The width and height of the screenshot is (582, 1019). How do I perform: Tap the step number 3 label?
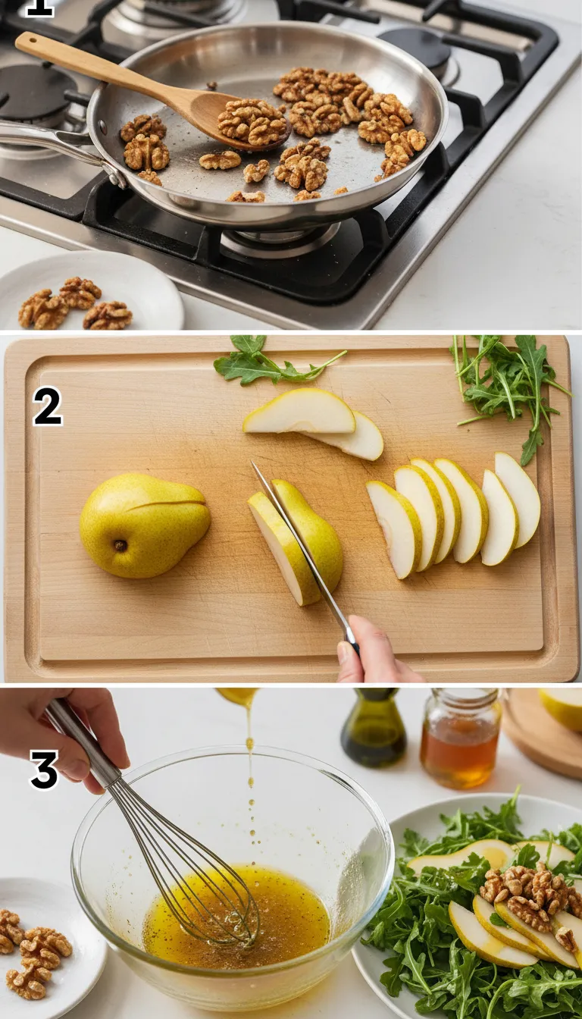click(44, 770)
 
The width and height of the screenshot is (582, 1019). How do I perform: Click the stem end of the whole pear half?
click(119, 544)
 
